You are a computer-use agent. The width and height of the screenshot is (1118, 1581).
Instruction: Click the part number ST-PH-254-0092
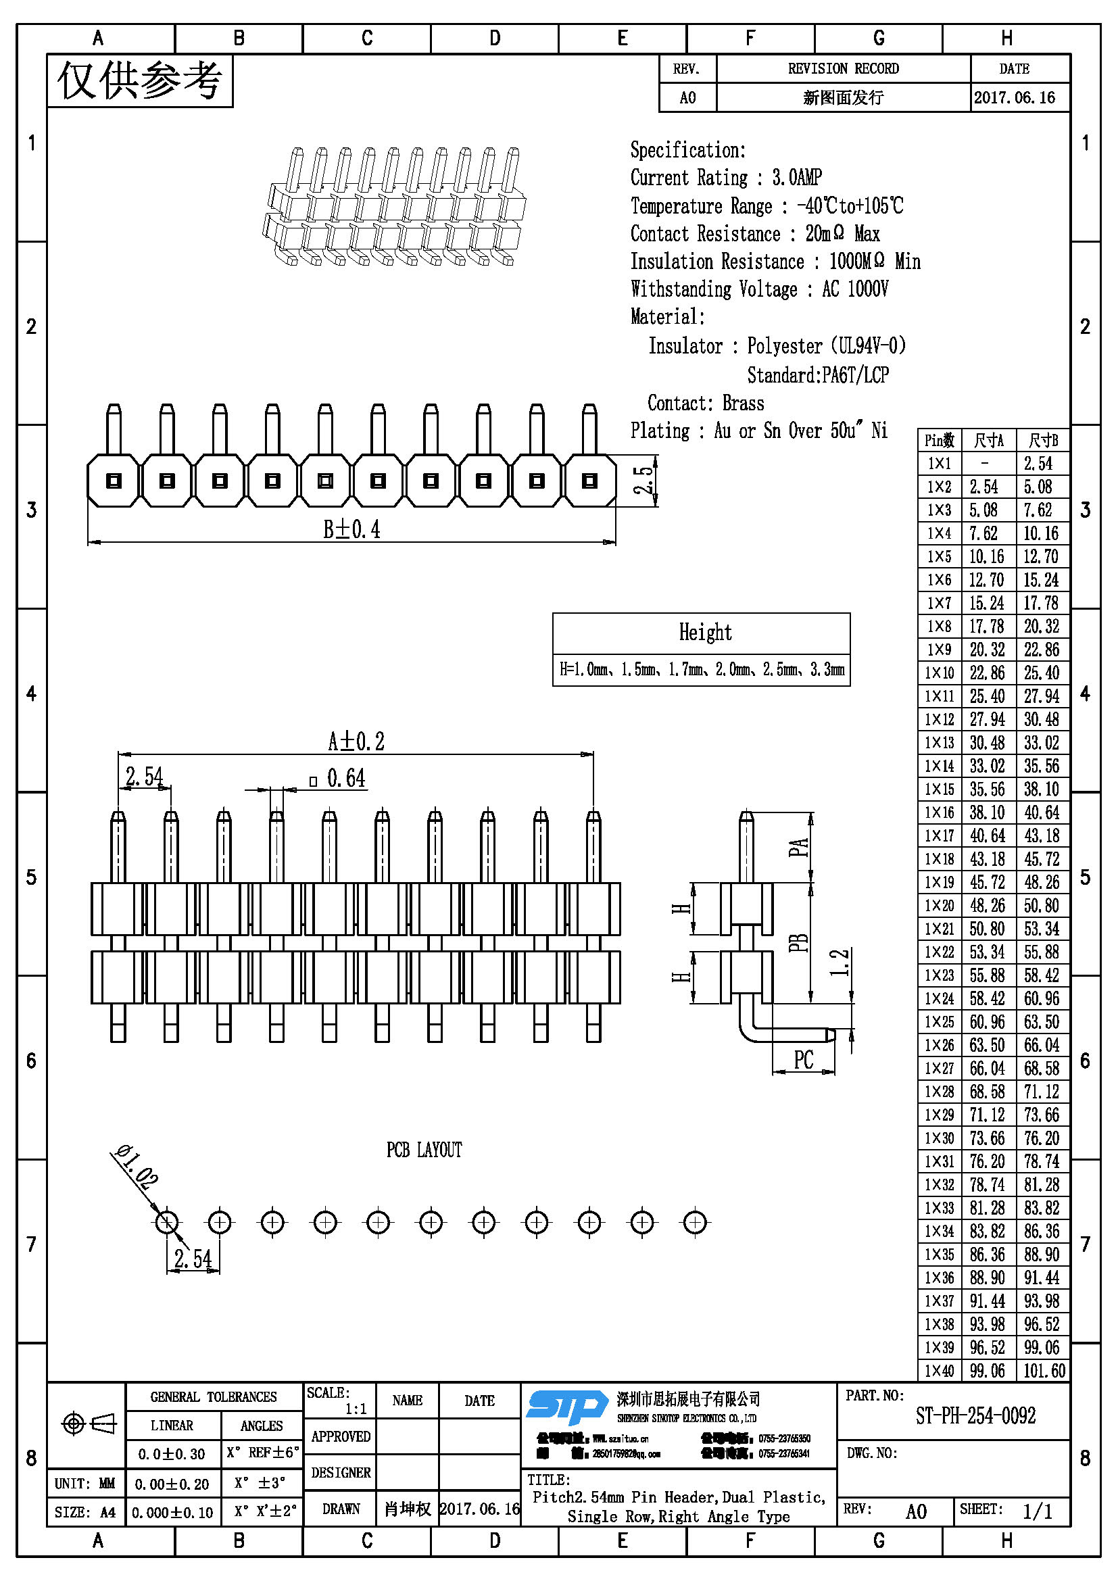click(975, 1416)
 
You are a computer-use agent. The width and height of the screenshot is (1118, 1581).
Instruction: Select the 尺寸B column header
click(1042, 440)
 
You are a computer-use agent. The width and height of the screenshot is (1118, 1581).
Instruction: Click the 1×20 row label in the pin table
click(939, 906)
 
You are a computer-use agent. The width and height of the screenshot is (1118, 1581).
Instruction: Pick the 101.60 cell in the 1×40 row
click(1044, 1370)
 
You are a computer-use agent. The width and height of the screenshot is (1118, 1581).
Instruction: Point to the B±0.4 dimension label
click(351, 529)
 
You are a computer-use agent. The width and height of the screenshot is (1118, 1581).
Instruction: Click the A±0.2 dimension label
click(356, 741)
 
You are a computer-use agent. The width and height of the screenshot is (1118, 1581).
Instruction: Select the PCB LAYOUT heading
click(424, 1150)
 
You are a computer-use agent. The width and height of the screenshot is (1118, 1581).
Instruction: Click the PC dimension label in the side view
click(804, 1060)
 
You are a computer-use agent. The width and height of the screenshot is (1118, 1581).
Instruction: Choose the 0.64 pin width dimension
click(345, 779)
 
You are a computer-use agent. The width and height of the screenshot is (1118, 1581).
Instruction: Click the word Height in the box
click(705, 632)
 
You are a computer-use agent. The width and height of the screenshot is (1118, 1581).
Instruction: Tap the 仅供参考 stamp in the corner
click(140, 80)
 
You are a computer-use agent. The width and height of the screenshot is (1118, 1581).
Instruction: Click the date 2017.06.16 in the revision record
click(1014, 98)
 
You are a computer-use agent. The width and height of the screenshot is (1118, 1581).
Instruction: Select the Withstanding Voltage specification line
click(758, 289)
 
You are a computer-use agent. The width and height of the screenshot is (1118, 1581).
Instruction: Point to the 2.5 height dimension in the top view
click(643, 481)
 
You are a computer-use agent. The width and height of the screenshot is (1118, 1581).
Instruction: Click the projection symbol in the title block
click(89, 1423)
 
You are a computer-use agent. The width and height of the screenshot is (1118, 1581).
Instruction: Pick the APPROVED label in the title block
click(341, 1436)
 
